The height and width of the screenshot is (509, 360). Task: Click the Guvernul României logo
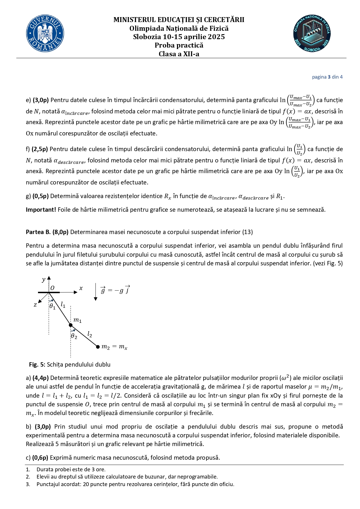[x=45, y=34]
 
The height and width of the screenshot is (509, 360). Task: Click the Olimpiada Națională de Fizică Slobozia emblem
[x=312, y=34]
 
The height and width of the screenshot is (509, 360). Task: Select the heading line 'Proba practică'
[x=179, y=45]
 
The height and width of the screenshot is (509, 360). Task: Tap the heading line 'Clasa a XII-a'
[x=179, y=54]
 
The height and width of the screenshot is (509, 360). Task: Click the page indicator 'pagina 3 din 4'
[x=327, y=77]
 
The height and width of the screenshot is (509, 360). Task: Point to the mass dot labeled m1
[x=70, y=325]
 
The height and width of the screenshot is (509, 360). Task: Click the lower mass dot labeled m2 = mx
[x=98, y=347]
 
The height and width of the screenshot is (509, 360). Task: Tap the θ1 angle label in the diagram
[x=52, y=306]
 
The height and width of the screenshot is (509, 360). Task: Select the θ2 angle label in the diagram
[x=74, y=336]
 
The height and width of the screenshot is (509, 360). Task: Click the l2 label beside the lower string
[x=90, y=335]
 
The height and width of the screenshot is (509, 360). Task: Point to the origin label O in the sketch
[x=53, y=288]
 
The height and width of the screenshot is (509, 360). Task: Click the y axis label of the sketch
[x=44, y=280]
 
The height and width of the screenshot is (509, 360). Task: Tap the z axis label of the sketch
[x=35, y=305]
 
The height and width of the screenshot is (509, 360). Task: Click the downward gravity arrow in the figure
[x=95, y=292]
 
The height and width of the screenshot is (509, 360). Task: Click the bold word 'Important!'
[x=41, y=210]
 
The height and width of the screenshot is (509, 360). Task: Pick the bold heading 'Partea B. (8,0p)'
[x=47, y=232]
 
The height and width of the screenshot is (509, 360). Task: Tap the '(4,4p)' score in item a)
[x=40, y=378]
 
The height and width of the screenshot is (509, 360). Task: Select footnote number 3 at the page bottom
[x=28, y=484]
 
